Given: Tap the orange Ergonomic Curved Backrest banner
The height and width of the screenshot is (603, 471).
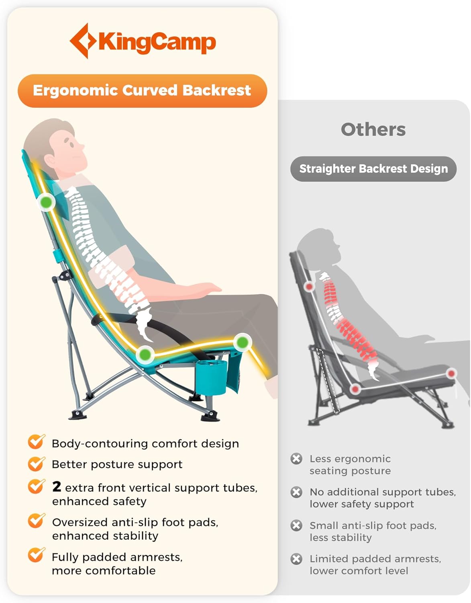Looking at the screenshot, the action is tap(142, 91).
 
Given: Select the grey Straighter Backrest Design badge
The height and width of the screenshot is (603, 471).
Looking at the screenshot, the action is tap(373, 169).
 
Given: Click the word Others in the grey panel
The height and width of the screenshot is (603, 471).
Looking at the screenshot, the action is tap(373, 129).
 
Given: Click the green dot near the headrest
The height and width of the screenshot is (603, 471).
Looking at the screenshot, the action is tap(46, 202).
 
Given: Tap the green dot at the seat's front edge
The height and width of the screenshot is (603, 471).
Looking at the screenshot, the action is tap(243, 343).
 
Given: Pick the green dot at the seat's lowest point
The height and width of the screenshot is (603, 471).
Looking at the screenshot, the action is tap(145, 355).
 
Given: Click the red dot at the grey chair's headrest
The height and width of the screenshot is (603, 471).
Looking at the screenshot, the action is tap(309, 286).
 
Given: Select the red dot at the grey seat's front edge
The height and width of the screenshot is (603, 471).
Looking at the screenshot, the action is tap(452, 373).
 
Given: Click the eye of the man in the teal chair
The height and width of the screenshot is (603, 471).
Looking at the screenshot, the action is tap(71, 144).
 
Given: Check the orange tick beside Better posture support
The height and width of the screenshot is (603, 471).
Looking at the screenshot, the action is tap(36, 464).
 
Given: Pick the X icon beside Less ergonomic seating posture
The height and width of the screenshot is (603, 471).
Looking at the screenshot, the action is tap(296, 459).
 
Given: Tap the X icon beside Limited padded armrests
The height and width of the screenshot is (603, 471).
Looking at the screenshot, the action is tap(296, 559).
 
